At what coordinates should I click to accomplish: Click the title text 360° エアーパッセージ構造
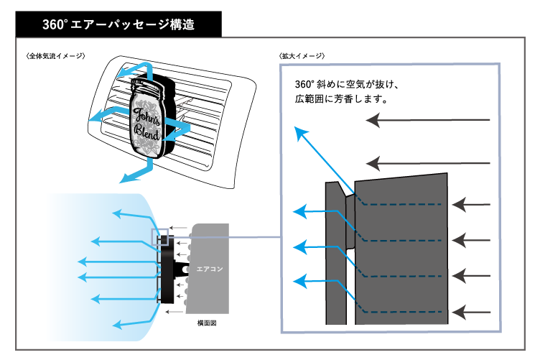pyautogui.click(x=118, y=24)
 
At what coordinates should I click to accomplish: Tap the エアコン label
pyautogui.click(x=210, y=269)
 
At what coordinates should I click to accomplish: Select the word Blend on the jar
pyautogui.click(x=147, y=133)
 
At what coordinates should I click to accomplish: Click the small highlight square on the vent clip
pyautogui.click(x=159, y=236)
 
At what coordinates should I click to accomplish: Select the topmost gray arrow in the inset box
pyautogui.click(x=373, y=120)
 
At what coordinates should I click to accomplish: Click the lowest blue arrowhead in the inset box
pyautogui.click(x=300, y=279)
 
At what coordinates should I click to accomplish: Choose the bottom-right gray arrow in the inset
pyautogui.click(x=460, y=312)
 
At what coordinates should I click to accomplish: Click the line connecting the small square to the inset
pyautogui.click(x=223, y=236)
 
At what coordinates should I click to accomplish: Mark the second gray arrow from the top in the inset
pyautogui.click(x=373, y=161)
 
